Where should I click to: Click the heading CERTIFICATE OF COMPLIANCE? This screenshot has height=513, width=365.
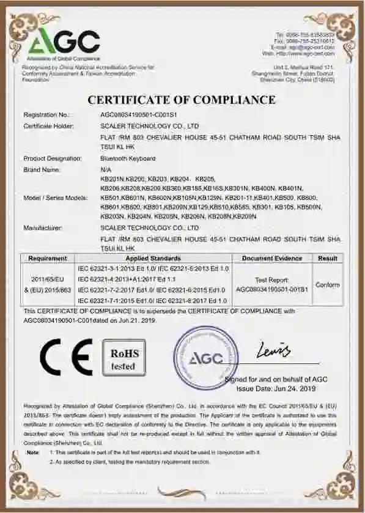[x=182, y=100]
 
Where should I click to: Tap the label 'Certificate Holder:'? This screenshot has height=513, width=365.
[x=48, y=126]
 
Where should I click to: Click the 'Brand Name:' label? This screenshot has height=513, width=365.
[x=42, y=169]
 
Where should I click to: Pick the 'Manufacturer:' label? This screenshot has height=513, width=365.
[x=43, y=227]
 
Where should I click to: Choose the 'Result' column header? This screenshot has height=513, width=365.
[x=328, y=259]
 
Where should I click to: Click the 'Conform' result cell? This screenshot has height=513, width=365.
[x=328, y=285]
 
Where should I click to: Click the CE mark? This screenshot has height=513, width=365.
[x=66, y=357]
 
